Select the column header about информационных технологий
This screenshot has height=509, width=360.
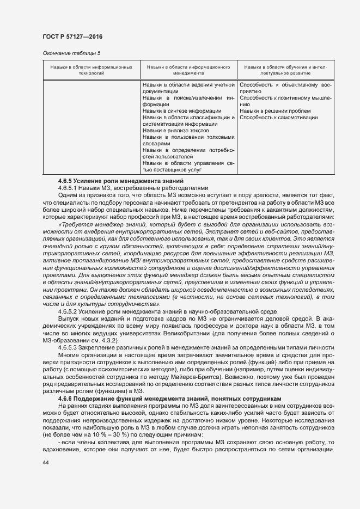[91, 70]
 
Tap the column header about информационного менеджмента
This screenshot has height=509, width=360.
[188, 70]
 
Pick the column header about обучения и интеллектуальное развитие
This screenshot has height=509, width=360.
[285, 70]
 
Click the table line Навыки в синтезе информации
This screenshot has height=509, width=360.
[174, 111]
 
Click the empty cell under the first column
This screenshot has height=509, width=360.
[91, 128]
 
